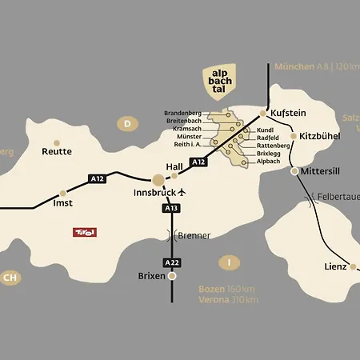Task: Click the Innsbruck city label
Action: click(154, 194)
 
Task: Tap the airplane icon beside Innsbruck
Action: click(182, 193)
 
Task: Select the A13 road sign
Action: click(170, 208)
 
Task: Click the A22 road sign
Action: click(170, 262)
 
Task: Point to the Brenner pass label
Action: click(194, 235)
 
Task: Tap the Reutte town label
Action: click(57, 151)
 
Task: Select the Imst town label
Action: click(62, 204)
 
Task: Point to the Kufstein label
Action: click(288, 114)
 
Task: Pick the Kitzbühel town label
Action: click(320, 137)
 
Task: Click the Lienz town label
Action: click(335, 266)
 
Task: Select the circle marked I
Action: click(230, 262)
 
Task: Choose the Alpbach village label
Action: click(270, 161)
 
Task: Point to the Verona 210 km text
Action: click(228, 300)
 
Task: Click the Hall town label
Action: click(174, 166)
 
